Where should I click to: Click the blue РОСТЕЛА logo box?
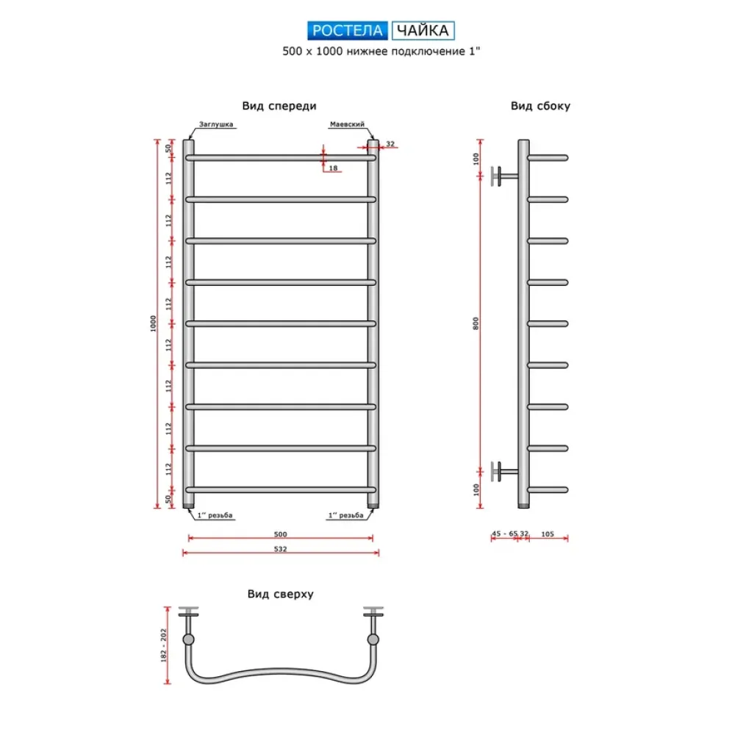348,30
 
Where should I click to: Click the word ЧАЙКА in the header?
423,30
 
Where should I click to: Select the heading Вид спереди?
279,106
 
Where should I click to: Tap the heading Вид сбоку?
540,106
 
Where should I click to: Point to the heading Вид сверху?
280,594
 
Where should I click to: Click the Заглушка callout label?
215,124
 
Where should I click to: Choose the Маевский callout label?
347,124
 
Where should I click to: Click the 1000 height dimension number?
153,323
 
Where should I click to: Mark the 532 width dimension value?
280,549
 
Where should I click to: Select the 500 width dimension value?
280,534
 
